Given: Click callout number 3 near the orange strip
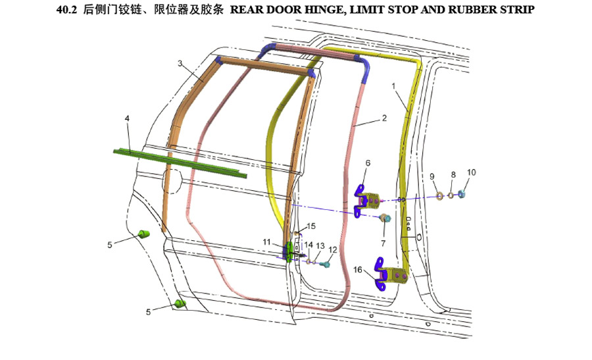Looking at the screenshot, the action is [x=180, y=63].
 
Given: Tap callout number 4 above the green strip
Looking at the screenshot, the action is [x=127, y=118].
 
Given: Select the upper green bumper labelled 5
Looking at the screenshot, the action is [x=143, y=234].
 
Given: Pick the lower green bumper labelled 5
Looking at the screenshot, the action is [x=180, y=303].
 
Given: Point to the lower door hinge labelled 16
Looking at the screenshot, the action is [x=391, y=274].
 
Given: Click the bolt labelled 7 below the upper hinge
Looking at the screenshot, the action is [x=385, y=219].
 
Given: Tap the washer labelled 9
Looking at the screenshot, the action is [x=440, y=195].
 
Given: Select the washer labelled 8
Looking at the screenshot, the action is [x=451, y=195].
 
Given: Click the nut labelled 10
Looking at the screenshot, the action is [x=461, y=194].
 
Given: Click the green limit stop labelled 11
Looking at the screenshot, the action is [x=289, y=252].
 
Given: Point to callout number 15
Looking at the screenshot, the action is [x=311, y=226].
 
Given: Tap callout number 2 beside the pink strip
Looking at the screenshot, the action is [x=384, y=118].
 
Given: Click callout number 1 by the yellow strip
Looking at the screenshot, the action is [x=393, y=86].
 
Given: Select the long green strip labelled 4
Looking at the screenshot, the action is [x=180, y=163].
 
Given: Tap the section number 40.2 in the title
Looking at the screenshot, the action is [x=66, y=9].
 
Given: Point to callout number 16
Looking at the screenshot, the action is [x=358, y=270].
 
